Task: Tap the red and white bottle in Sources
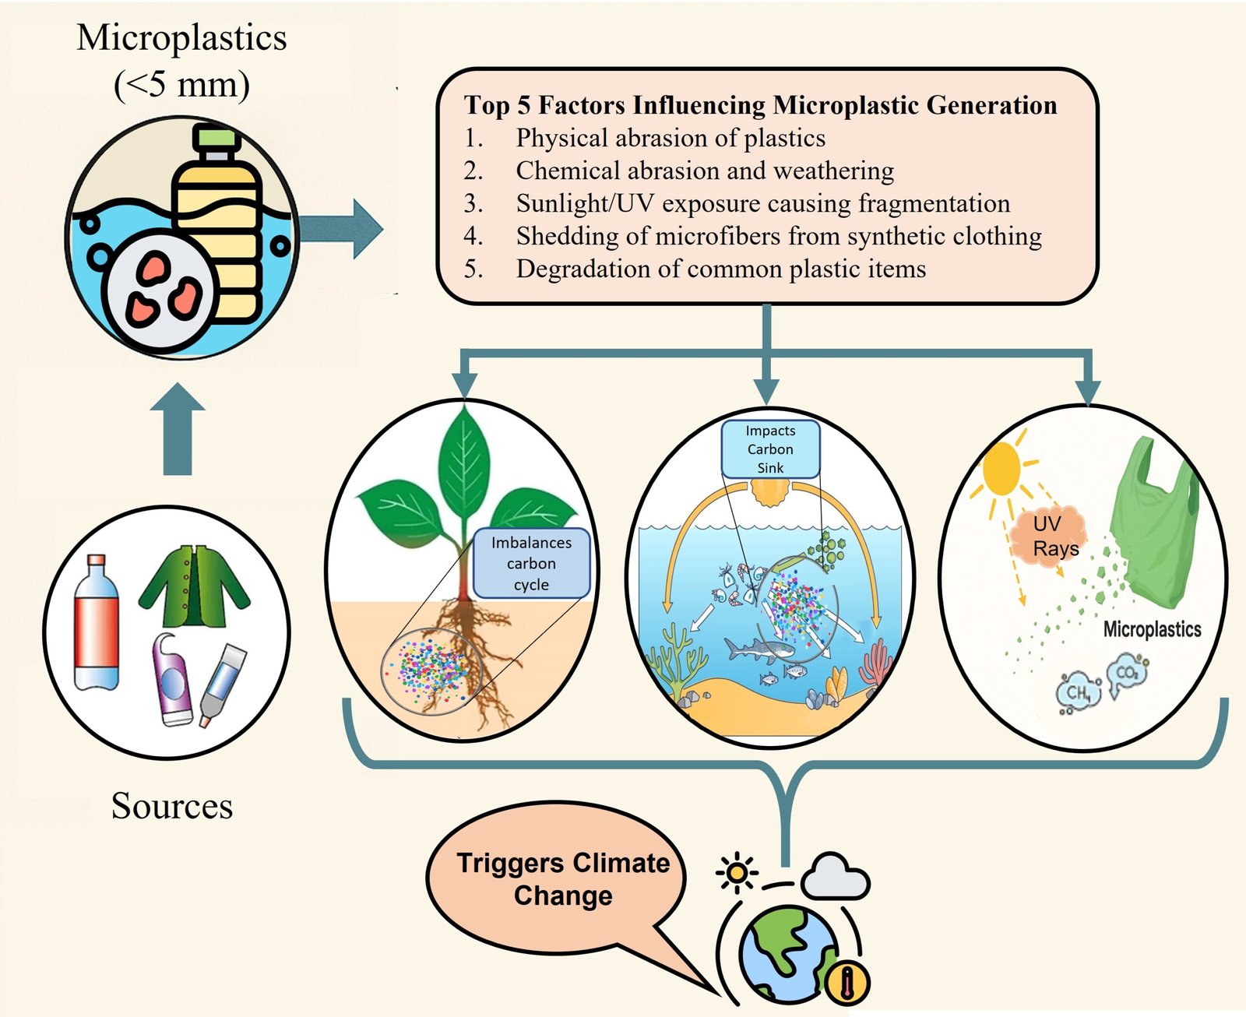click(97, 623)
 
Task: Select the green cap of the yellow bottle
click(216, 139)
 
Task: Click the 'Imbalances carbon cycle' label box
click(531, 563)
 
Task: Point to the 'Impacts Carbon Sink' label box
click(770, 449)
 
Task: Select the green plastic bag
click(1156, 522)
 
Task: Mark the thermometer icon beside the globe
click(847, 982)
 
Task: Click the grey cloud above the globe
click(834, 878)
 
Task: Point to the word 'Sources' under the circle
click(172, 806)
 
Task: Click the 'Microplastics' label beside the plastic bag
click(1152, 629)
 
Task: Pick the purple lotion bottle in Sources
click(172, 681)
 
